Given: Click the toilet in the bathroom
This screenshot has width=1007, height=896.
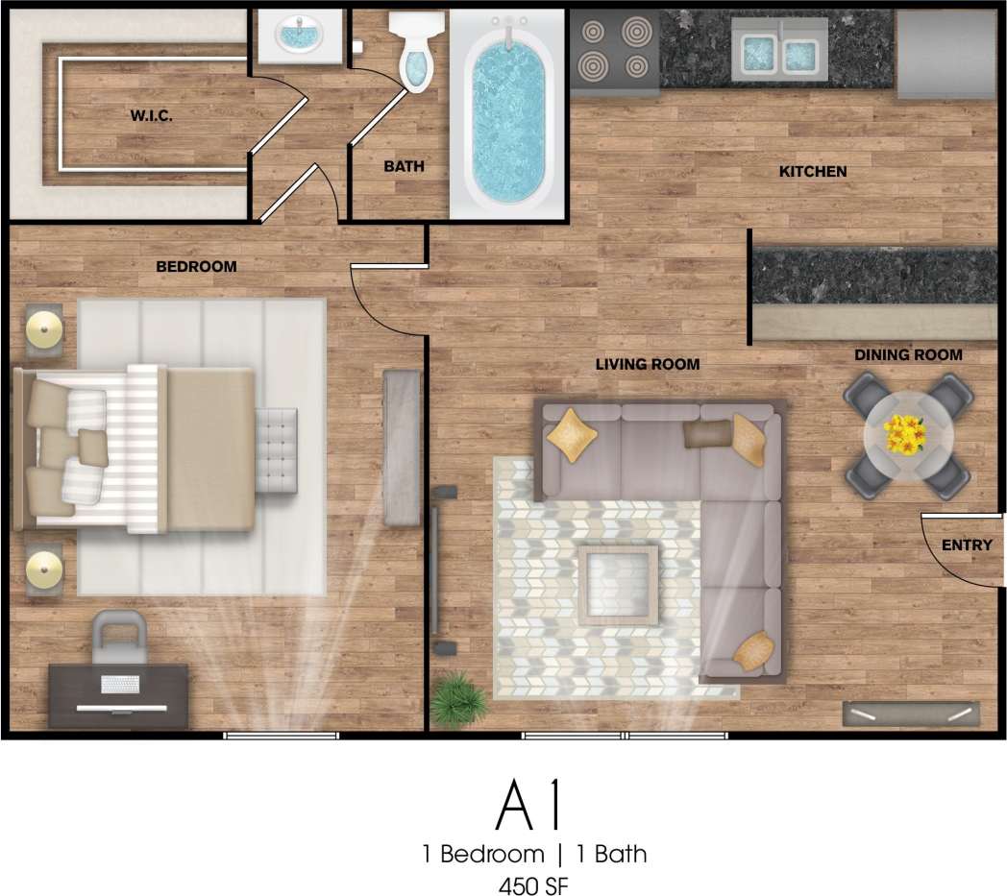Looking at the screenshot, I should pos(415,56).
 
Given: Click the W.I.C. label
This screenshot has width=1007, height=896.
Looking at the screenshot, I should pos(152,116).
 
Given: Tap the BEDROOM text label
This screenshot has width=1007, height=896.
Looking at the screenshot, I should pos(196,266).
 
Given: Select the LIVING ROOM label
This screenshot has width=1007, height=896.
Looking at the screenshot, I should pos(647,364).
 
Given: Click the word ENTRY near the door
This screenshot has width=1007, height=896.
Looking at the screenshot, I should pos(966,545).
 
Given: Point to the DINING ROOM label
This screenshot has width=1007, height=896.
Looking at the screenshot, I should pos(908,354).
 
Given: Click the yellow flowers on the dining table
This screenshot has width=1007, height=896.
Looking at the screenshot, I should pos(905,435).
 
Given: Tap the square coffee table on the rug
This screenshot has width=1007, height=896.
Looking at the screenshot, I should pos(617,581).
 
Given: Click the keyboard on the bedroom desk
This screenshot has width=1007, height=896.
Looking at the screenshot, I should pos(120,685).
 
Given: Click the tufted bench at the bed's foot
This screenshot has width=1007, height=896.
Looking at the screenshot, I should pos(277,449).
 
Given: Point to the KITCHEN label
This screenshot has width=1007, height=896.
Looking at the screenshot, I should pos(812,172).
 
